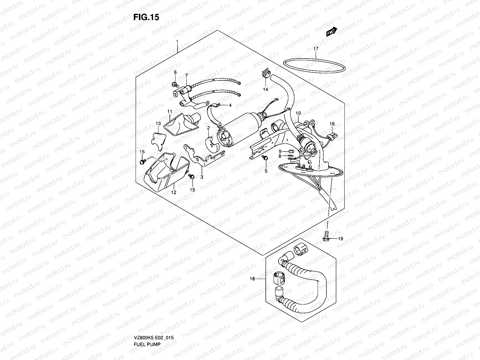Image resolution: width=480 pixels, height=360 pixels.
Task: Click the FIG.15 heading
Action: click(x=146, y=17)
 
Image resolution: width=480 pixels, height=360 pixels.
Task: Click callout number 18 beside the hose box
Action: click(x=252, y=279)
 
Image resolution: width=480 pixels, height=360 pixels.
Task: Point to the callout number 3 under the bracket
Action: click(x=202, y=177)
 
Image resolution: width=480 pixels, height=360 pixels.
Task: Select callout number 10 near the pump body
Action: click(x=298, y=113)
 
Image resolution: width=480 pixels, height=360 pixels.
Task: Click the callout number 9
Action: click(x=280, y=151)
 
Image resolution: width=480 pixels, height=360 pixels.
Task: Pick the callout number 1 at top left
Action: click(x=177, y=41)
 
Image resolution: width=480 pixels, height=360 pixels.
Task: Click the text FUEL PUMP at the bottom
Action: click(x=147, y=327)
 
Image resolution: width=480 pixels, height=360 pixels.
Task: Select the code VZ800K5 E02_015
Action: click(x=154, y=321)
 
